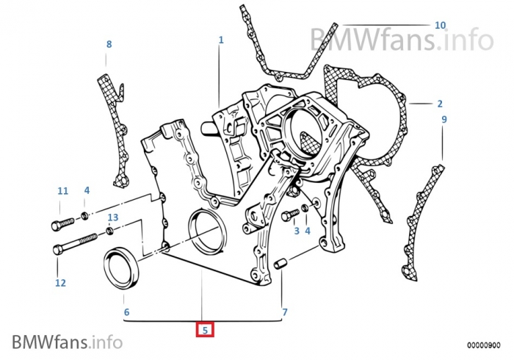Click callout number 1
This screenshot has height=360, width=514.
click(220, 40)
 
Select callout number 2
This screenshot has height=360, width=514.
click(439, 104)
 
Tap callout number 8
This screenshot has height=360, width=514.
click(109, 44)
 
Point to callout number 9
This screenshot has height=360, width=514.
click(444, 119)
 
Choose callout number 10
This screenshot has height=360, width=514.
click(439, 25)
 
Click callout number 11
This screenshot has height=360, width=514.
click(62, 191)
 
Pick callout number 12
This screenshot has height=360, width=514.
click(60, 282)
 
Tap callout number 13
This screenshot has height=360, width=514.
click(112, 217)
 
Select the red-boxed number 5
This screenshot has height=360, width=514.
click(206, 331)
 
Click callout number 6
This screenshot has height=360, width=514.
click(126, 312)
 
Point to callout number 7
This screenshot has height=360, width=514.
click(284, 312)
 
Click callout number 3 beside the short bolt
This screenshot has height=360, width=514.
click(297, 231)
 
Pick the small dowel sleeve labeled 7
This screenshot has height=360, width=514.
click(279, 264)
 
